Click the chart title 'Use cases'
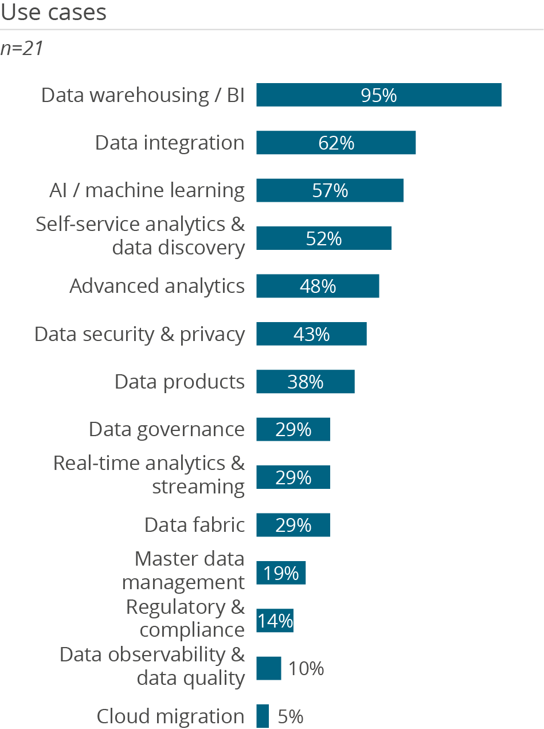(54, 12)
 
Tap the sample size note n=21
(22, 49)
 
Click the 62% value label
(336, 143)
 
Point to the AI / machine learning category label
(147, 190)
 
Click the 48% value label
(318, 286)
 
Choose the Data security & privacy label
(140, 334)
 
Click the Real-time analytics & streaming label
(149, 475)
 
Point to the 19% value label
(281, 573)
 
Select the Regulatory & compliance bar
(275, 621)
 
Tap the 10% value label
(306, 668)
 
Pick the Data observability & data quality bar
(268, 668)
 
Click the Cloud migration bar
(263, 716)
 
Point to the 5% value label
(291, 716)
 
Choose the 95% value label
(379, 95)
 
